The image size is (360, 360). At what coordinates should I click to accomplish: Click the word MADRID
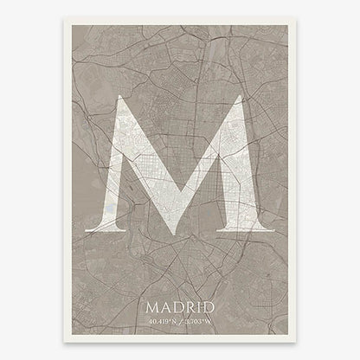179,306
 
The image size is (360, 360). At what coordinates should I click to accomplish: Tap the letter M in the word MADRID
153,306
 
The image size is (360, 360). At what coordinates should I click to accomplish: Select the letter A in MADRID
165,306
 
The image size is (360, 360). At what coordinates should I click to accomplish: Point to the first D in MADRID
177,306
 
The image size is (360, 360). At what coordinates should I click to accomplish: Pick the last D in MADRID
206,306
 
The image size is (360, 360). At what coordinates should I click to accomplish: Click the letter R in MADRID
188,306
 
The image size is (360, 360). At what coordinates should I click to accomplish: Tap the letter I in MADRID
196,306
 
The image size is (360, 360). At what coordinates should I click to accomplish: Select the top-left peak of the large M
123,98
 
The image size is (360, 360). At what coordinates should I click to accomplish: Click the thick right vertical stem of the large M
240,173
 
